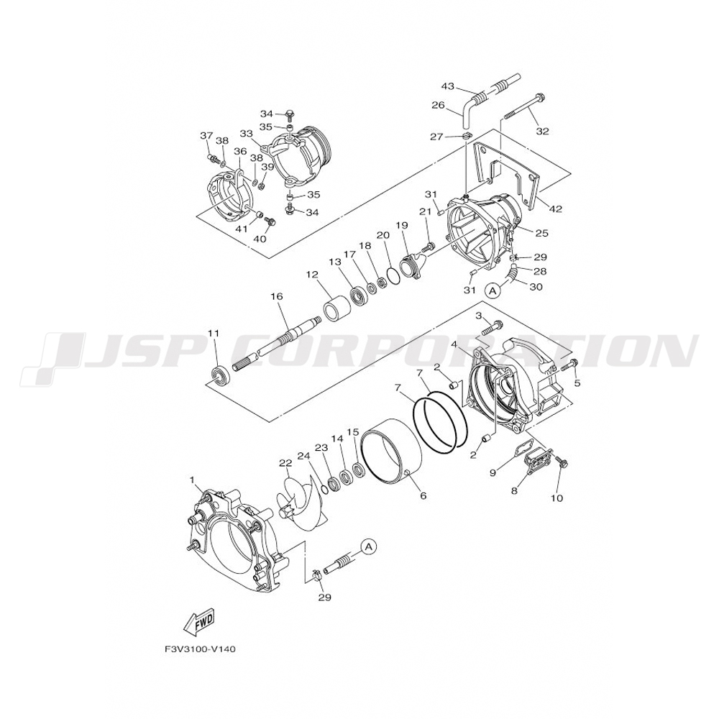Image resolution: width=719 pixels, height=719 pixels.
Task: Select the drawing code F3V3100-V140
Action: click(x=199, y=649)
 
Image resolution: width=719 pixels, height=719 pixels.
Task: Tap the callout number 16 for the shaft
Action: click(x=276, y=296)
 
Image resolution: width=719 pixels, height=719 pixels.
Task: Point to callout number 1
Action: click(x=192, y=479)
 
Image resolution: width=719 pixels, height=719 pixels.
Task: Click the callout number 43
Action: click(x=447, y=86)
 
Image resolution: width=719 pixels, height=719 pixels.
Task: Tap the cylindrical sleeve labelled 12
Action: click(x=336, y=310)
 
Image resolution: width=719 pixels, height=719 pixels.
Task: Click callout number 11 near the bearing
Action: click(x=213, y=333)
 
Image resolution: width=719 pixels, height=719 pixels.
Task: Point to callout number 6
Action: click(x=423, y=496)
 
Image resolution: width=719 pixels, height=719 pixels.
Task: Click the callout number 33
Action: click(x=246, y=134)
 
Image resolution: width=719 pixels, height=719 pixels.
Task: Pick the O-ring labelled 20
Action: click(x=393, y=273)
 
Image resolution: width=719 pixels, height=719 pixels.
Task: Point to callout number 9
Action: click(x=493, y=472)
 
